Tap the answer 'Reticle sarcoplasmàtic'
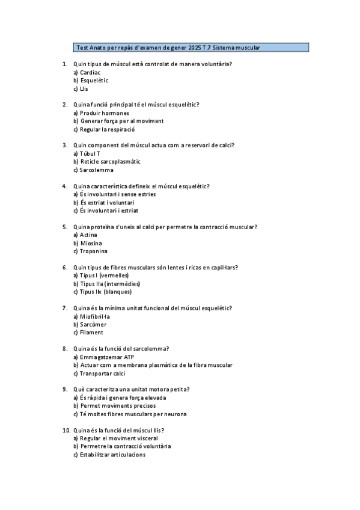point(110,162)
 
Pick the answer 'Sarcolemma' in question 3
point(96,170)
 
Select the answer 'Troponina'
point(94,251)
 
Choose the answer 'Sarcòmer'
point(92,324)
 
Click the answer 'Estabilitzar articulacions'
point(112,455)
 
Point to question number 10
point(66,431)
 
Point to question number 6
point(64,268)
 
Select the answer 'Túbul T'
point(90,153)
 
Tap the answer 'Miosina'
point(91,243)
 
